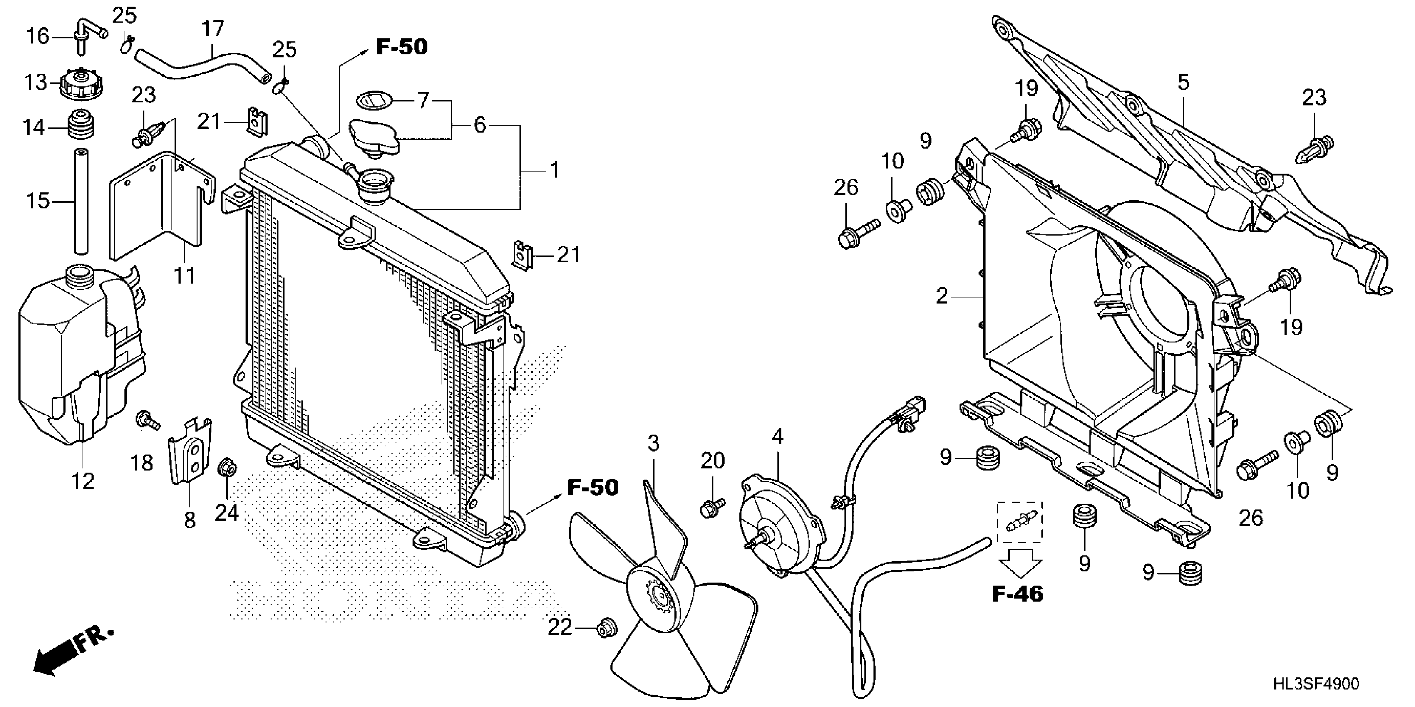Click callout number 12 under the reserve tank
click(x=82, y=482)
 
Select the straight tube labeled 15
click(x=81, y=201)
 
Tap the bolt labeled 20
click(x=711, y=507)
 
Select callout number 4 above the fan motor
click(x=777, y=436)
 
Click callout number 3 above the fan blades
click(x=653, y=443)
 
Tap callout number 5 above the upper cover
click(x=1183, y=83)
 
